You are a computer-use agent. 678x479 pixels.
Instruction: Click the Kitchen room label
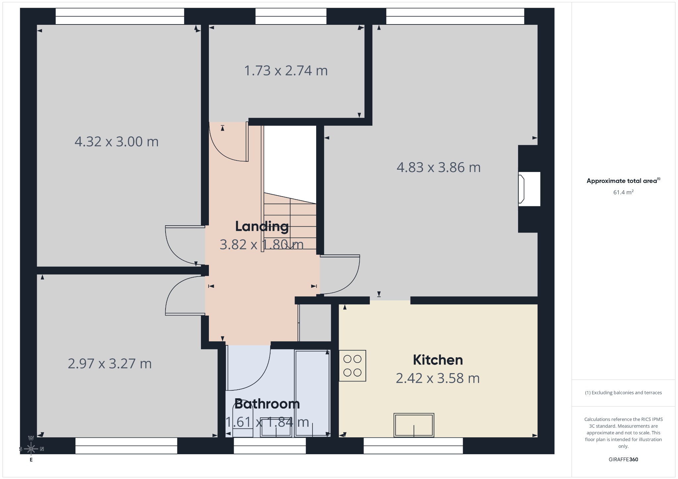438,360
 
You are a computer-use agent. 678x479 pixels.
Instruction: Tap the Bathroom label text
267,404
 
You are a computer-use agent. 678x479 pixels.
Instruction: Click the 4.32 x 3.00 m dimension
117,142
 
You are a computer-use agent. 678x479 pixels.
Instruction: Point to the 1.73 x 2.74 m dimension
286,70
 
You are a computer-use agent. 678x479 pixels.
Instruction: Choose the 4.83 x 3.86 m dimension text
439,167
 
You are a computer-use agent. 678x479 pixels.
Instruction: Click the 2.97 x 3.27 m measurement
110,364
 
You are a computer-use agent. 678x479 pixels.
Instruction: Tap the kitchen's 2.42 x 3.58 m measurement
438,378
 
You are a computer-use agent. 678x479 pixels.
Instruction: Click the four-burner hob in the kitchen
352,366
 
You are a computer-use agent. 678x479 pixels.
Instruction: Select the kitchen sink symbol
414,425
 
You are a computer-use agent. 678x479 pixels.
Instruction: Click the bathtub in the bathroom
312,393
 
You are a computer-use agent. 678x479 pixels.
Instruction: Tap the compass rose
31,449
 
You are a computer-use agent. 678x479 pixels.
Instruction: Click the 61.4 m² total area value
623,192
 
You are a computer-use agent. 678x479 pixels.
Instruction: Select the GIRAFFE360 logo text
623,459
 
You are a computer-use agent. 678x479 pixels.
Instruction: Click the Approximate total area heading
623,181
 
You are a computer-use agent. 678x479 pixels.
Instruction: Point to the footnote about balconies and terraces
623,393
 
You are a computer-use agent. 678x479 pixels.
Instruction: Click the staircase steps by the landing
290,221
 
